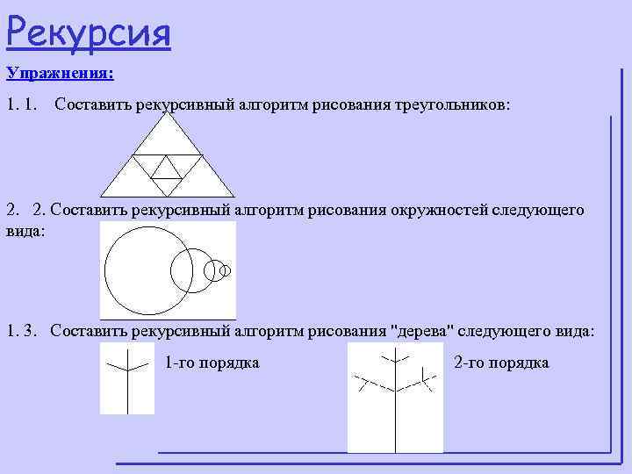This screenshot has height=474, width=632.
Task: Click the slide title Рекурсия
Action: point(88,32)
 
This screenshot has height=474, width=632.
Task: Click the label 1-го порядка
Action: point(212,363)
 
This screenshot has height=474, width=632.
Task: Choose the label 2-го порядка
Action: point(501,363)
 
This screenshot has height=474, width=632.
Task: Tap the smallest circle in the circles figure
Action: point(225,271)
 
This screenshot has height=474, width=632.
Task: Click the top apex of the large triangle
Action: point(168,115)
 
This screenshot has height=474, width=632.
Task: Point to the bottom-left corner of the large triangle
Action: point(102,196)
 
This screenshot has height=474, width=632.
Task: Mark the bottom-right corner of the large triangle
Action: point(234,196)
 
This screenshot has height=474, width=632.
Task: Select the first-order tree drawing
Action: point(126,378)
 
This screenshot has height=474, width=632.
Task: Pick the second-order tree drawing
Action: point(395,398)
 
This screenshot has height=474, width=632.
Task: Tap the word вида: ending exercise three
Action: point(574,333)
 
